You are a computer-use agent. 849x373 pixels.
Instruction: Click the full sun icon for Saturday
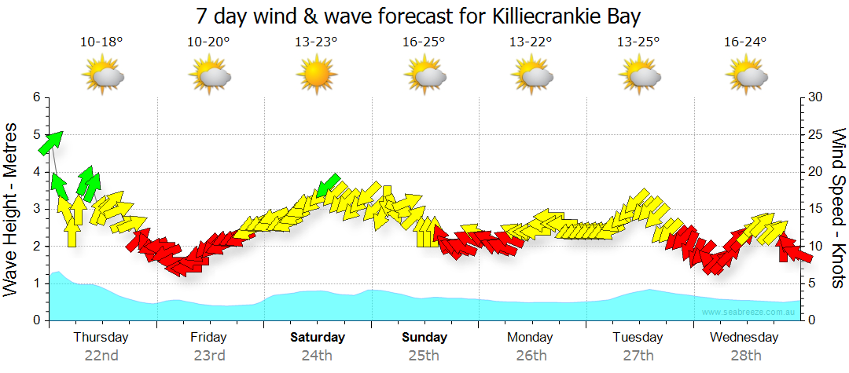[316, 76]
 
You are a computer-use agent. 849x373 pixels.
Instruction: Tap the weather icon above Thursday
[103, 76]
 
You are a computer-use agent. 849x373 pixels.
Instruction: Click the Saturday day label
[318, 338]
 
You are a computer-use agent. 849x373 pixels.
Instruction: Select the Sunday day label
[424, 338]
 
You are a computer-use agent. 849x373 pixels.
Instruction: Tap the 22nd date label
[101, 356]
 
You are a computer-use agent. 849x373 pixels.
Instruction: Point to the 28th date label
[745, 356]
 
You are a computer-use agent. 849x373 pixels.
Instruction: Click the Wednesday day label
[744, 338]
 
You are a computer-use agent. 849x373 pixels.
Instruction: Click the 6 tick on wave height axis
[36, 97]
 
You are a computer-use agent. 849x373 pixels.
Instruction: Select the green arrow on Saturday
[328, 185]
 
